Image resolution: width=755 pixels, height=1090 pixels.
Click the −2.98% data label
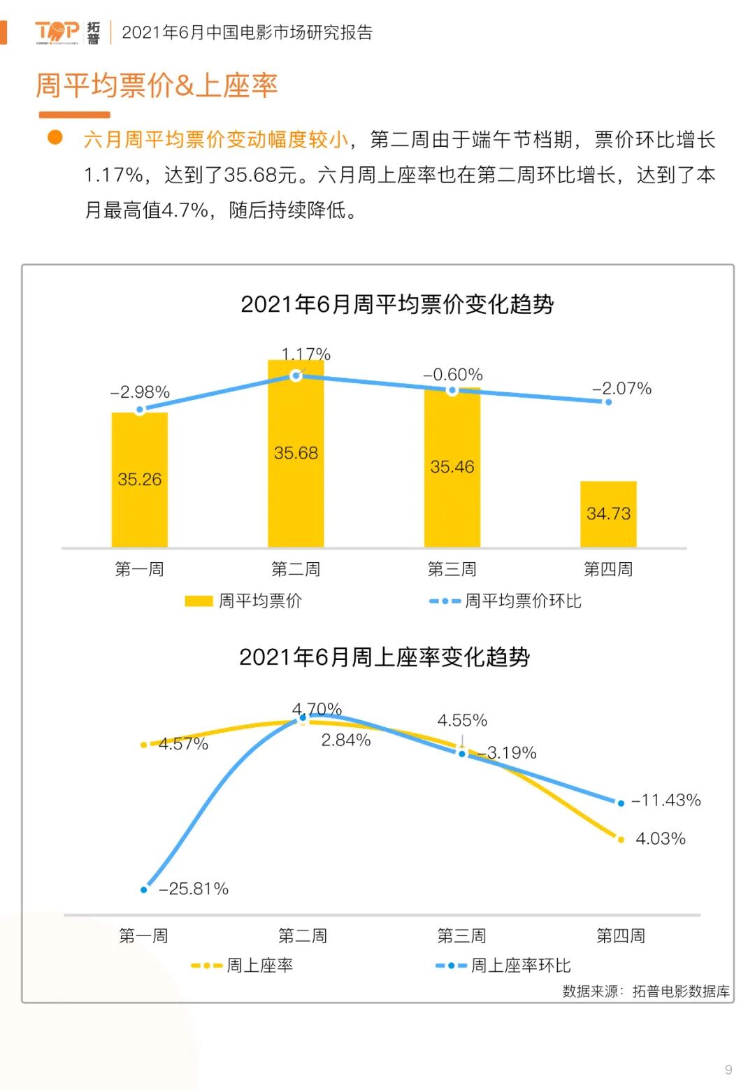[141, 392]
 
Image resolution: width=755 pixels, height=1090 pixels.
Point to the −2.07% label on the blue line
[621, 389]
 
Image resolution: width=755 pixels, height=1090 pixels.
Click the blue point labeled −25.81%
[144, 889]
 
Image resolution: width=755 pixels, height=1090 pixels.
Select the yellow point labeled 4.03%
[621, 839]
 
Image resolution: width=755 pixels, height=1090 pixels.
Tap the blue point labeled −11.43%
[621, 803]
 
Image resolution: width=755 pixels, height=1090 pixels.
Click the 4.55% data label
[462, 720]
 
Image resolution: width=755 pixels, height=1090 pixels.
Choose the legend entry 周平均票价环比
[505, 601]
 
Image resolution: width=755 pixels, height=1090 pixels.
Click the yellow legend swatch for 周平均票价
[199, 601]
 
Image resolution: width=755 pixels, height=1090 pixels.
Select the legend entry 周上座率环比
[503, 966]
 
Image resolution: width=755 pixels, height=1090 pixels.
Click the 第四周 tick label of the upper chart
[608, 569]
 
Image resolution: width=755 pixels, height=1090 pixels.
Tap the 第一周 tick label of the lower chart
[144, 935]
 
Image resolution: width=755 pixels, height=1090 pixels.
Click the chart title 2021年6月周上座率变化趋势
[384, 657]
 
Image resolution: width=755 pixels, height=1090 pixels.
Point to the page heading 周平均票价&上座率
[157, 85]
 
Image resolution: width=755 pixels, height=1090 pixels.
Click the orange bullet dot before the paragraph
[55, 137]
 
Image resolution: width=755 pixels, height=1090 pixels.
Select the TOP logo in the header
[57, 31]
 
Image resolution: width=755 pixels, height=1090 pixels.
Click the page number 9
[728, 1069]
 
